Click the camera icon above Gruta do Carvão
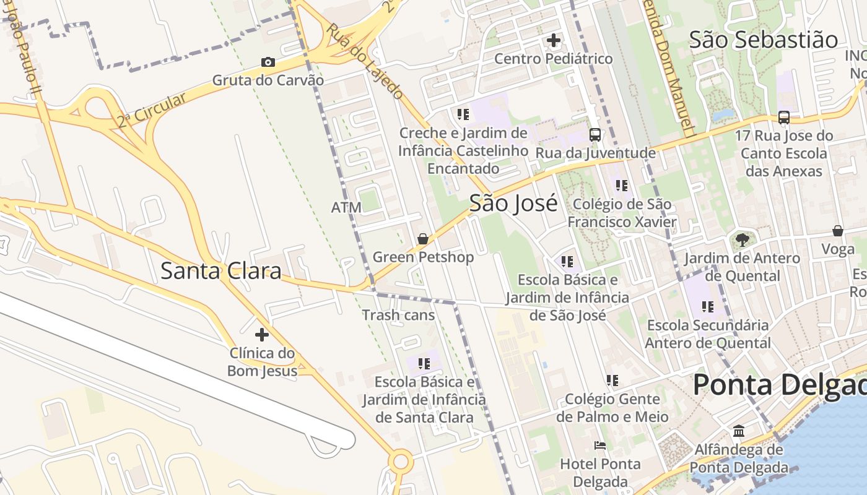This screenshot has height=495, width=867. [x=268, y=62]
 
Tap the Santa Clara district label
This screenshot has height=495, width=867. [x=221, y=271]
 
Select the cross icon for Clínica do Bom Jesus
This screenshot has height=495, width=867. [x=262, y=335]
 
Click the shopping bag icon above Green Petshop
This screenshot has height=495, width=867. [x=423, y=239]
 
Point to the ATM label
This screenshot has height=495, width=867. [x=346, y=207]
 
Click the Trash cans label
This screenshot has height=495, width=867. [x=398, y=315]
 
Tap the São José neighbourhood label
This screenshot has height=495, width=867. [x=513, y=203]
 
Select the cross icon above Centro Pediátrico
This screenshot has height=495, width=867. [x=554, y=41]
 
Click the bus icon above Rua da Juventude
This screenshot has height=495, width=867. [x=595, y=134]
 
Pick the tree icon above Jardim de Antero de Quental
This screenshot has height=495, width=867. [x=742, y=239]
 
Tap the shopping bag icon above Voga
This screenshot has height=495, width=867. [x=837, y=231]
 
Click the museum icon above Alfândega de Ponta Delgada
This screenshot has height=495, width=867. [x=739, y=431]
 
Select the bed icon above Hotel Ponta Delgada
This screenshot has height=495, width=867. [x=599, y=445]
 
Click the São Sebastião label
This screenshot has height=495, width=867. [x=764, y=40]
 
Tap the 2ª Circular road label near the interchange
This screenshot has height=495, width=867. [x=152, y=110]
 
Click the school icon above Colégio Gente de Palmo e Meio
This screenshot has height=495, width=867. [x=612, y=381]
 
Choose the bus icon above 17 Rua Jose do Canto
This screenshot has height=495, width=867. [x=783, y=117]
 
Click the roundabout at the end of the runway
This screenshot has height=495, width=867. [x=401, y=461]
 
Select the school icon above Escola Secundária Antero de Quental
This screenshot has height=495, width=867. [x=708, y=306]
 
